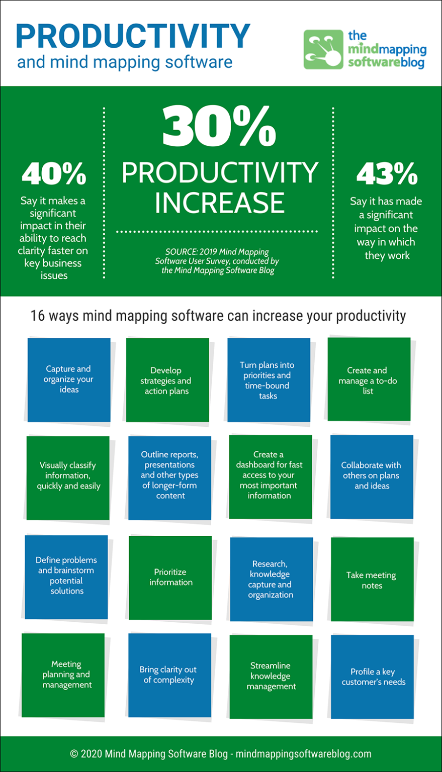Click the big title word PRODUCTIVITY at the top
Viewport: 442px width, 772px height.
[x=133, y=36]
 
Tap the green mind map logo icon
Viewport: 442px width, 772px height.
[x=323, y=50]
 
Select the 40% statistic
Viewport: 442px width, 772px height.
[x=54, y=174]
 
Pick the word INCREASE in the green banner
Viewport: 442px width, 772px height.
[x=219, y=203]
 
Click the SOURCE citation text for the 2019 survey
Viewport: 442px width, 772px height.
[x=217, y=261]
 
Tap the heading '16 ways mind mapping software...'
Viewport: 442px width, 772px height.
[x=218, y=316]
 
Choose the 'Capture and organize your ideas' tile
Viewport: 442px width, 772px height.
[x=69, y=379]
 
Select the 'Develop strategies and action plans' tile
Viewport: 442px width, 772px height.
[x=167, y=380]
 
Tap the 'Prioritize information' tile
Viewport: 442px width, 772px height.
[x=170, y=577]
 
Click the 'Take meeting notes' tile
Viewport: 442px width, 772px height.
[x=372, y=580]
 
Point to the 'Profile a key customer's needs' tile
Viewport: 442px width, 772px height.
[x=373, y=677]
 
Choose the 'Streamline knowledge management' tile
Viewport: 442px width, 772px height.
[x=271, y=677]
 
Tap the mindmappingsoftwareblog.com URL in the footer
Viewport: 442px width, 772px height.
[x=303, y=754]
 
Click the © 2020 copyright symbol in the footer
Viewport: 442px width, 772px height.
[x=74, y=754]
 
